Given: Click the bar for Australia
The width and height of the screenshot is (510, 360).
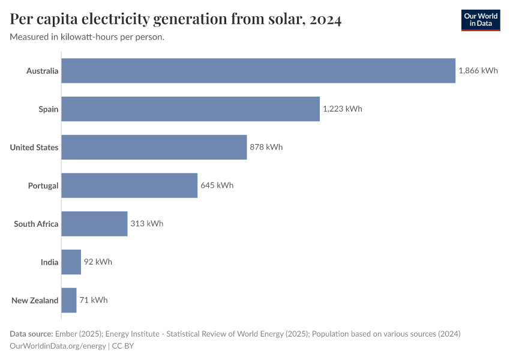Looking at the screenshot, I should (258, 71).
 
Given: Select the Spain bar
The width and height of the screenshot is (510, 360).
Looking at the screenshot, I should (190, 109).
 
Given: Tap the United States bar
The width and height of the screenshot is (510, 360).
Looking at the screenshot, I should (154, 147).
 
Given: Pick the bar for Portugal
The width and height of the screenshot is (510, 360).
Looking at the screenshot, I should (130, 185).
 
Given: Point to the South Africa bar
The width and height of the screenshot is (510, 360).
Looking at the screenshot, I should (94, 224).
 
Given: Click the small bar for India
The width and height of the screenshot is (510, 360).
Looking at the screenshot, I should (71, 262).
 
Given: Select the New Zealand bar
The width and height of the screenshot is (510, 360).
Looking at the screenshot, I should (69, 300).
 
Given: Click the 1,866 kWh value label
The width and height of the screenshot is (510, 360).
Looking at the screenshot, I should (478, 71).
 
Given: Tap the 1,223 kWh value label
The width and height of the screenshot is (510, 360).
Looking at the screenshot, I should (343, 109).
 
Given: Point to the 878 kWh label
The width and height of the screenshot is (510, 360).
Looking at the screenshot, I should (266, 147).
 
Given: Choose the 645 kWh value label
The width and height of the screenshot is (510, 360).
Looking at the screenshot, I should (217, 185).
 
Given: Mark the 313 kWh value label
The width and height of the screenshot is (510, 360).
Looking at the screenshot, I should (146, 224).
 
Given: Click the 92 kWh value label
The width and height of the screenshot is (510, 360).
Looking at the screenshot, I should (98, 262).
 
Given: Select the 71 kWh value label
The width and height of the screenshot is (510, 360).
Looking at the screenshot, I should (94, 300).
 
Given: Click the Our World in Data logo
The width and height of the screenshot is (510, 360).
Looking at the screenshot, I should (480, 20).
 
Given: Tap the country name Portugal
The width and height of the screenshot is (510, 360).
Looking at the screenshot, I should (43, 185).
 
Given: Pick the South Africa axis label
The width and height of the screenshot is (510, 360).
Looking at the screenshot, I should (36, 224).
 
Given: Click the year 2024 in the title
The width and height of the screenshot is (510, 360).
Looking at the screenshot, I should (326, 20).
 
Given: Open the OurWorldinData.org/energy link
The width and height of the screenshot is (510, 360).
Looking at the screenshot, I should (58, 346).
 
